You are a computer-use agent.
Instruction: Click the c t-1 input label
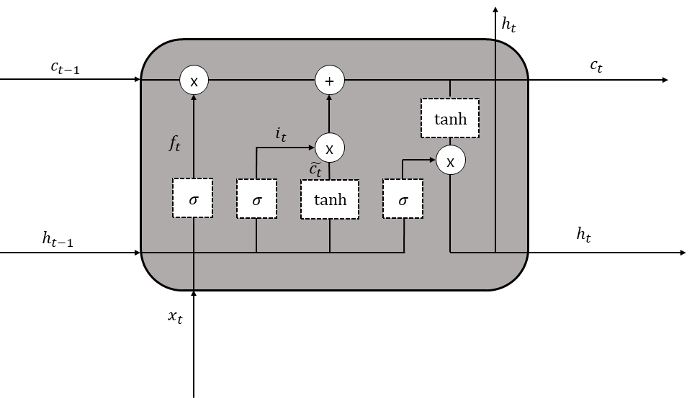point(66,68)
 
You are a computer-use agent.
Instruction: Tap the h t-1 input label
point(58,239)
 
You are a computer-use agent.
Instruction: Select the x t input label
point(175,317)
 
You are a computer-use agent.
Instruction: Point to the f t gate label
point(175,143)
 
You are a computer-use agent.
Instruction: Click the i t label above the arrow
point(281,134)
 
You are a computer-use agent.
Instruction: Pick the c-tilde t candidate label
point(315,169)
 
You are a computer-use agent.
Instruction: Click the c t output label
point(596,66)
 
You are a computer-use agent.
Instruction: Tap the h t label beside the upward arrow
point(509,24)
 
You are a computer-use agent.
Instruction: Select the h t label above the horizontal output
point(583,235)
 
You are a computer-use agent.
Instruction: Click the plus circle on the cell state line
point(329,81)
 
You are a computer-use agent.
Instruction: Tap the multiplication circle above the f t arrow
point(194,81)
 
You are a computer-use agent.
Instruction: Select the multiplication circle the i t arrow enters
point(329,148)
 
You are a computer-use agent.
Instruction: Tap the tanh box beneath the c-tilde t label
point(330,199)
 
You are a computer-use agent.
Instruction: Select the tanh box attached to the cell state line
point(450,118)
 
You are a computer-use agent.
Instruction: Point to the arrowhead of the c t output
point(665,80)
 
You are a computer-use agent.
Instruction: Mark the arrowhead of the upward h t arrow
point(495,9)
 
